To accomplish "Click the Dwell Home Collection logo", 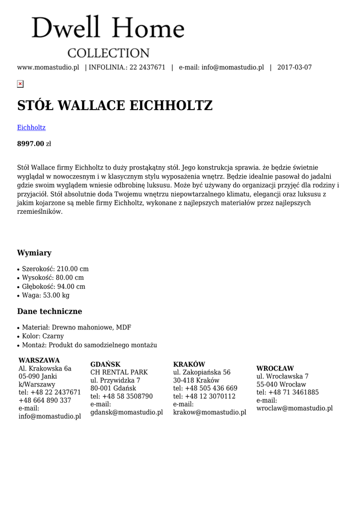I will pos(108,36).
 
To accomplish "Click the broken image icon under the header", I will pos(20,84).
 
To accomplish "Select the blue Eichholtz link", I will pos(31,127).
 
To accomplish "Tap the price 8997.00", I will pos(31,144).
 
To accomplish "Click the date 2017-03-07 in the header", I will pos(294,67).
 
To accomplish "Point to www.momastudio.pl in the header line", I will pos(48,67).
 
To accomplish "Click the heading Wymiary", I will pos(34,253).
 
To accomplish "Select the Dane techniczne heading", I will pos(50,312).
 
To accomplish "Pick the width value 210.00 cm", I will pos(72,269).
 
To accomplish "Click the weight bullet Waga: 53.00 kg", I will pos(46,295).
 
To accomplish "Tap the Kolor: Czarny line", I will pos(43,336).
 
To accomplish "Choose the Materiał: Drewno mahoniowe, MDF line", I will pos(76,327).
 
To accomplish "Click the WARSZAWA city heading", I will pos(39,360).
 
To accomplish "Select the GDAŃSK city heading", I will pos(105,364).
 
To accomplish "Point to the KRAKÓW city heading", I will pos(189,364).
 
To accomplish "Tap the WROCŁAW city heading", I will pos(275,369).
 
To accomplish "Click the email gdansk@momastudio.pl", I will pos(127,412).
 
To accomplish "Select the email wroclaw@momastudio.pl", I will pos(294,408).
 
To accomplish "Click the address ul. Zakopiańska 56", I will pos(202,372).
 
